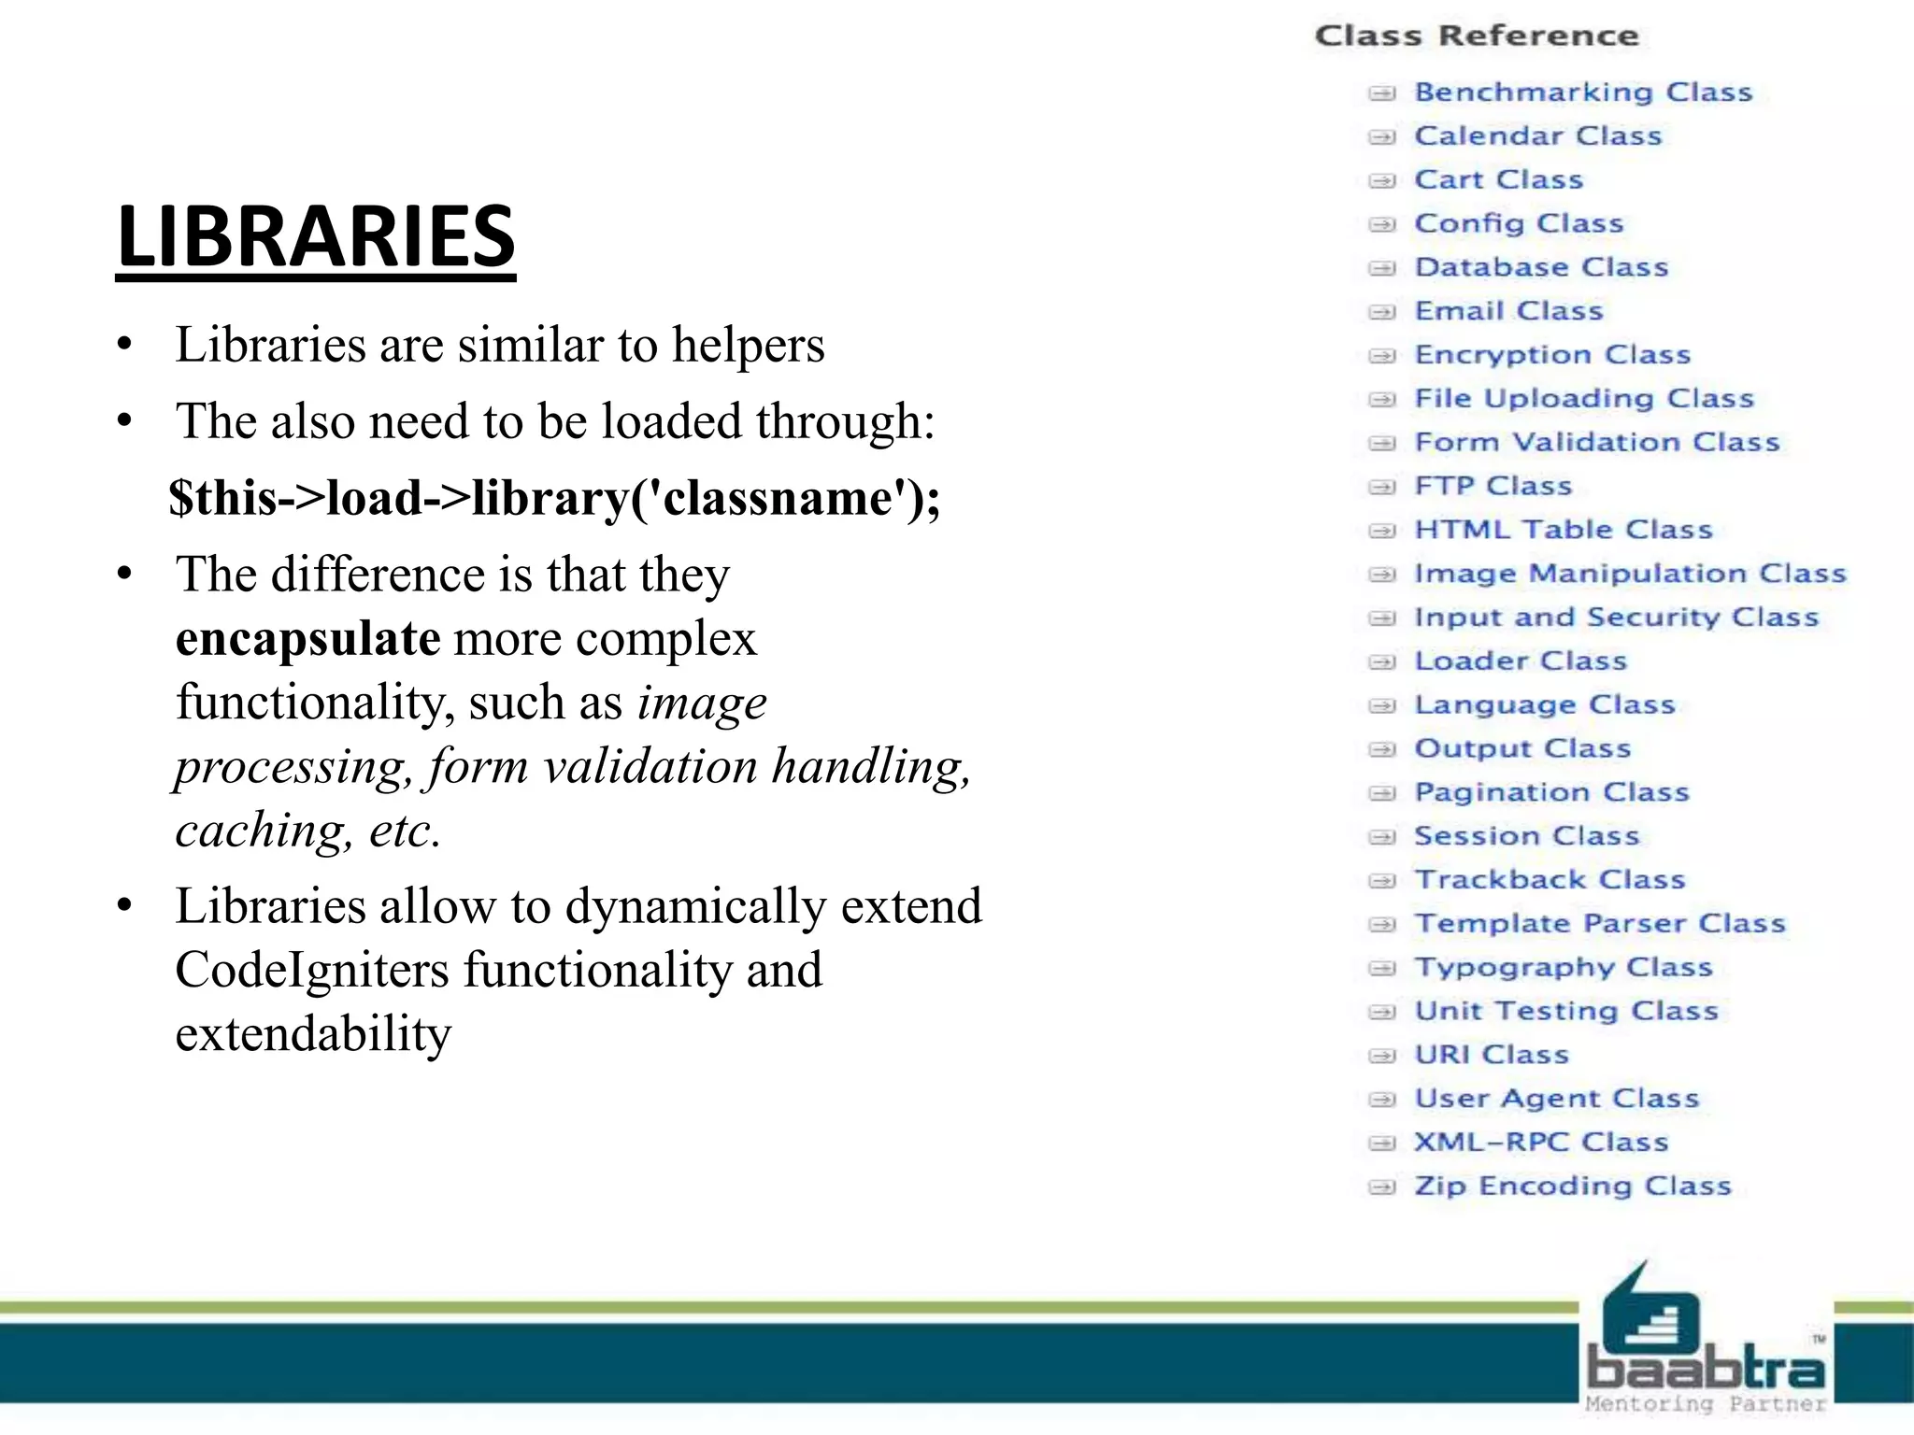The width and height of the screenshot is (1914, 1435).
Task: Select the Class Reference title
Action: click(x=1477, y=36)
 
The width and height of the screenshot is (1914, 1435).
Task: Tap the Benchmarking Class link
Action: click(x=1583, y=92)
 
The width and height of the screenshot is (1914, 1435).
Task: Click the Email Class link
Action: click(x=1508, y=310)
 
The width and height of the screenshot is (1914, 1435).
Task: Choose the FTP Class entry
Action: click(x=1493, y=486)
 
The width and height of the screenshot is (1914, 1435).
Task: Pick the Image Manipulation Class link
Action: click(x=1630, y=573)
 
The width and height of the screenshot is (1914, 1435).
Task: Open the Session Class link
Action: click(x=1526, y=835)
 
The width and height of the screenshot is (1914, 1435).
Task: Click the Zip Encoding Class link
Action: click(x=1572, y=1186)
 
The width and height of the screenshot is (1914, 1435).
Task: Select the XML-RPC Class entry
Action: click(x=1540, y=1142)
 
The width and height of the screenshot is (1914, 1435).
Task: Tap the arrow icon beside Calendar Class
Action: click(x=1381, y=136)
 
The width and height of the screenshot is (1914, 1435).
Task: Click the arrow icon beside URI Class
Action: click(x=1381, y=1056)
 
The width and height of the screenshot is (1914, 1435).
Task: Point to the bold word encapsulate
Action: click(x=307, y=639)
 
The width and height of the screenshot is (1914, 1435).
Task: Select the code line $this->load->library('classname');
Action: click(x=554, y=497)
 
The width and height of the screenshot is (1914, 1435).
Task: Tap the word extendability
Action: click(x=313, y=1034)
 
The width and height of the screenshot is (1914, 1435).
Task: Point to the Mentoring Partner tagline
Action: click(x=1705, y=1403)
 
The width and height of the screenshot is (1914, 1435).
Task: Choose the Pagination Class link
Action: click(x=1551, y=792)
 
